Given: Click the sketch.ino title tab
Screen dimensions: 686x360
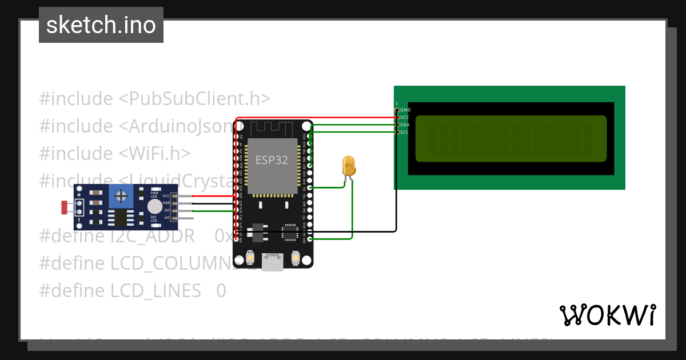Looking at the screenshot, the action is click(101, 25).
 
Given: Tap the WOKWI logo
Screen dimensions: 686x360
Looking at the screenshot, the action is click(607, 315).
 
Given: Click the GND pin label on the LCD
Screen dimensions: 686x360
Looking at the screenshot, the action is click(405, 110).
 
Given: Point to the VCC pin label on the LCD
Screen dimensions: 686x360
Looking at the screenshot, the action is click(405, 117).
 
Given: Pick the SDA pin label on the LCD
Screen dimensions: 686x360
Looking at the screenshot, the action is click(405, 125).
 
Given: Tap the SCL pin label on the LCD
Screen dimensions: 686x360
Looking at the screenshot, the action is click(404, 132).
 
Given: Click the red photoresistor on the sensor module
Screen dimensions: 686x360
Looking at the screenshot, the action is click(64, 207).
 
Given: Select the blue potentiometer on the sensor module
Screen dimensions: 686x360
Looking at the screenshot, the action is click(121, 197).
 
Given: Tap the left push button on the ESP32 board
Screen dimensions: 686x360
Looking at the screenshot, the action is click(250, 258).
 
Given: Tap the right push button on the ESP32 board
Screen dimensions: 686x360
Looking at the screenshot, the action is click(296, 258).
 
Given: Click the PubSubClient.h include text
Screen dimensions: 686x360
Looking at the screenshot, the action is click(154, 98).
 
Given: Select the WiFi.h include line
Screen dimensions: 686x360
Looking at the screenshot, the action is click(114, 153).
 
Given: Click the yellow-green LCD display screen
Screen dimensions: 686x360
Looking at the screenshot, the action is click(510, 138).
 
